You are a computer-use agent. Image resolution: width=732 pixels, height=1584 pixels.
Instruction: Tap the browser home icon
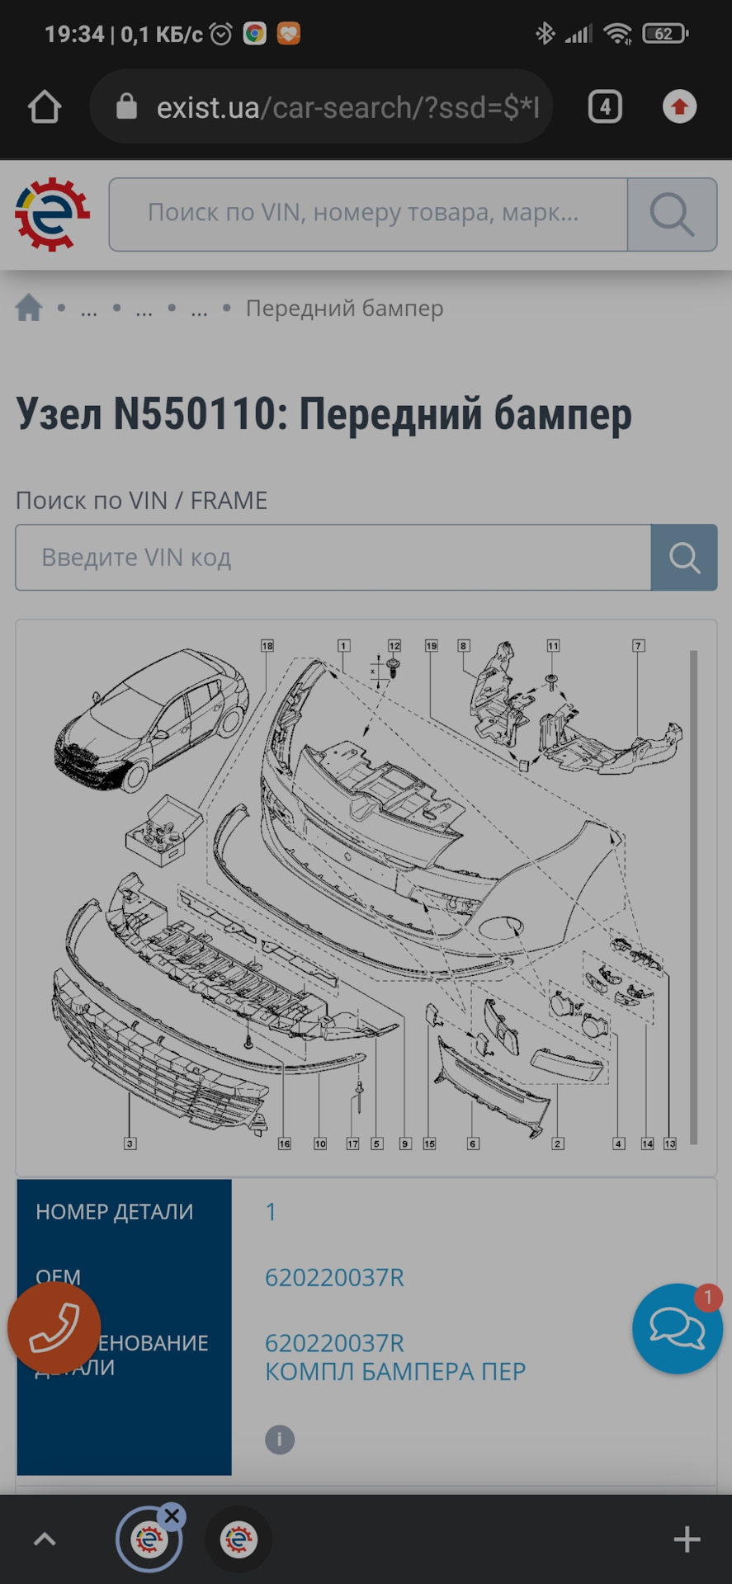coord(45,107)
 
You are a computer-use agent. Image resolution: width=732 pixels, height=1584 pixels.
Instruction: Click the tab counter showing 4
coord(604,107)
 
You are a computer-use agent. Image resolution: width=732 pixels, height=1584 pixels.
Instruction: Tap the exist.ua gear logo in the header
coord(52,214)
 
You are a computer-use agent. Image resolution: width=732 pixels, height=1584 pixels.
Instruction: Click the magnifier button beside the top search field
coord(671,214)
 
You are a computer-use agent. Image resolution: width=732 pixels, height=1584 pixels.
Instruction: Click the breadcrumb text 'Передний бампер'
coord(344,309)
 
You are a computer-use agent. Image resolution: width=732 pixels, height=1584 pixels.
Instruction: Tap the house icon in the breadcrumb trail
coord(29,308)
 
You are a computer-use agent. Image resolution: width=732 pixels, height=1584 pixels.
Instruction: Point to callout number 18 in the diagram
coord(267,646)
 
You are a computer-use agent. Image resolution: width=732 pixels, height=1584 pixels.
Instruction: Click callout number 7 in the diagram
coord(638,646)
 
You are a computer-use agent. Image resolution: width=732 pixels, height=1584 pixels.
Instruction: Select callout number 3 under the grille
coord(130,1143)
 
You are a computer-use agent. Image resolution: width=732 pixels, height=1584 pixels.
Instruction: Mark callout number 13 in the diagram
coord(669,1143)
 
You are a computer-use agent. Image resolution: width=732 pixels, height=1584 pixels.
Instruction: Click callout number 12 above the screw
coord(394,646)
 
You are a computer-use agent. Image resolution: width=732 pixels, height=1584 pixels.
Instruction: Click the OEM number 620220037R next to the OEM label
coord(334,1278)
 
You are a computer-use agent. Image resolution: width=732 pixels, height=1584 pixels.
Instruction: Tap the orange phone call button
coord(54,1328)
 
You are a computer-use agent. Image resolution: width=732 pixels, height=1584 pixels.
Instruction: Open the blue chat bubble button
coord(677,1328)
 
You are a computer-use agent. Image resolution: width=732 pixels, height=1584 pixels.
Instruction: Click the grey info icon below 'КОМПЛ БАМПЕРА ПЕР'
coord(280,1440)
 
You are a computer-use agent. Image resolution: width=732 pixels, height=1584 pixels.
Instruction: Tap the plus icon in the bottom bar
coord(687,1539)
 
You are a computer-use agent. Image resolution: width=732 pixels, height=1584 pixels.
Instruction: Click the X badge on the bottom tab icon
coord(172,1516)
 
